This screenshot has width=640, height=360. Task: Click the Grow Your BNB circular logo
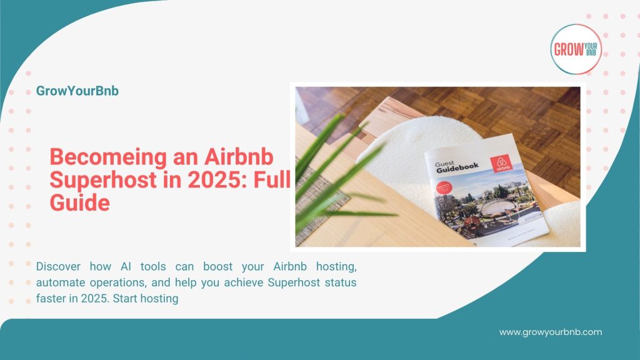point(576,49)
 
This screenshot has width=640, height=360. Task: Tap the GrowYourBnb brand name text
point(77,91)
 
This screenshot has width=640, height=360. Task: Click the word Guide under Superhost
point(80,203)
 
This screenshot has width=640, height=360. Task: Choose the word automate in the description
point(64,282)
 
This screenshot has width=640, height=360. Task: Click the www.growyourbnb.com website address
point(550,332)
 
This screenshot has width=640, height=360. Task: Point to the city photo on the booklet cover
point(487,206)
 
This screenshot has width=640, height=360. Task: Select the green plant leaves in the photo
point(325,162)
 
